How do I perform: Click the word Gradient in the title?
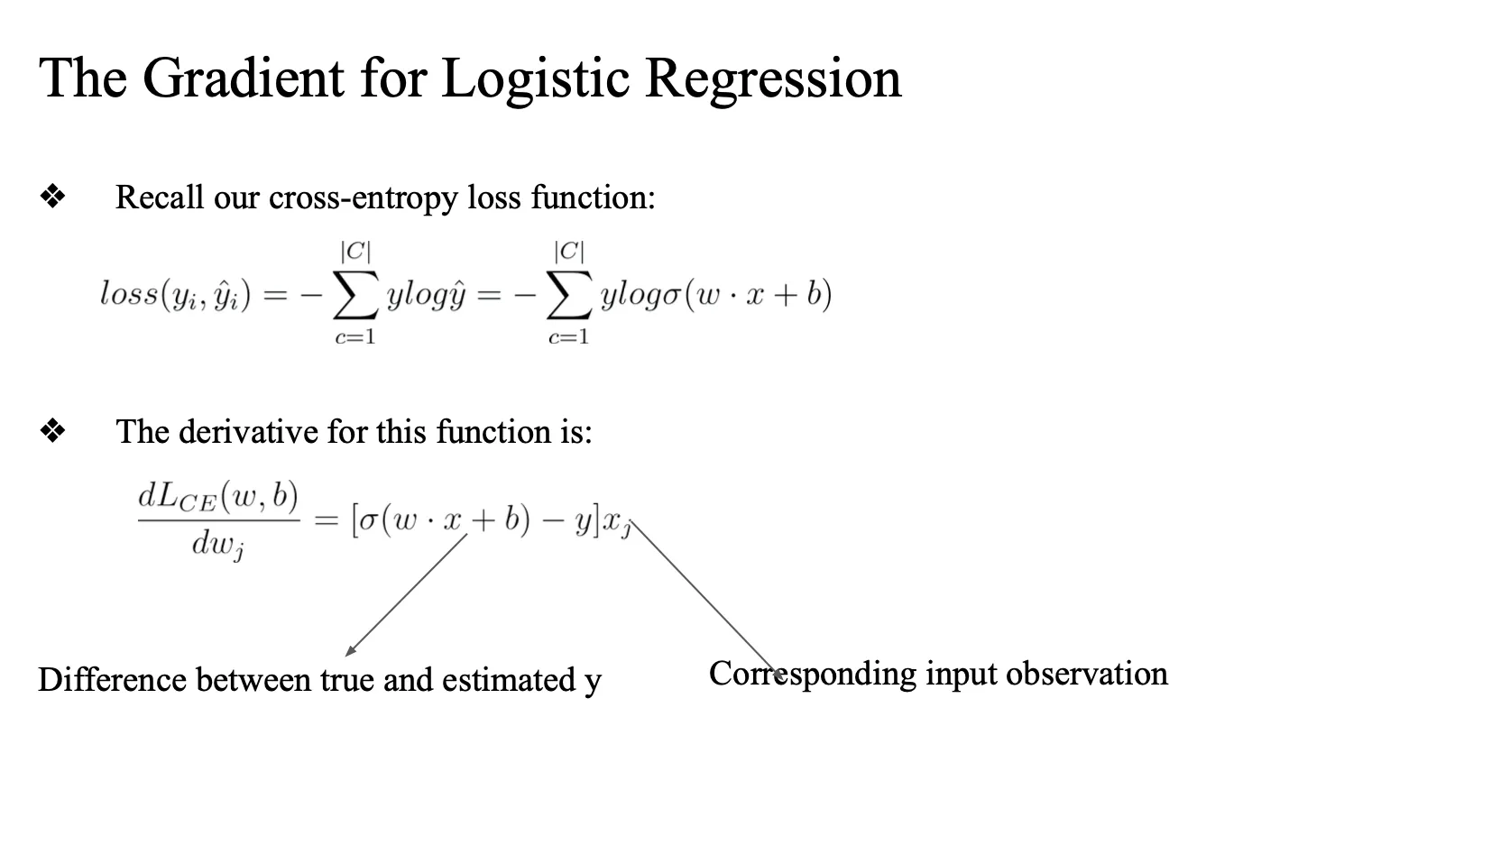pyautogui.click(x=243, y=78)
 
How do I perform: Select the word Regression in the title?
pyautogui.click(x=773, y=79)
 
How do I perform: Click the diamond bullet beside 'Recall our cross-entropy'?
pyautogui.click(x=53, y=197)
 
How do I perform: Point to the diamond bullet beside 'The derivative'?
pyautogui.click(x=53, y=432)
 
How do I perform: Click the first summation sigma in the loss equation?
pyautogui.click(x=354, y=295)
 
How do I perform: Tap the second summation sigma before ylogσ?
pyautogui.click(x=569, y=295)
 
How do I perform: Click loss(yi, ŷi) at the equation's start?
pyautogui.click(x=175, y=295)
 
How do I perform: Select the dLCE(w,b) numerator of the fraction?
pyautogui.click(x=218, y=497)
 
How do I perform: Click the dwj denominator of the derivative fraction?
pyautogui.click(x=217, y=546)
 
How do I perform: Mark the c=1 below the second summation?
pyautogui.click(x=568, y=337)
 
